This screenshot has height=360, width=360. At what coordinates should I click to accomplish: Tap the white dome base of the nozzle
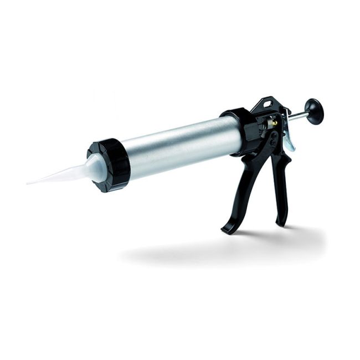pyautogui.click(x=94, y=166)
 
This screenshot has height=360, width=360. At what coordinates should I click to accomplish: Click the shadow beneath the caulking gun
pyautogui.click(x=222, y=252)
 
